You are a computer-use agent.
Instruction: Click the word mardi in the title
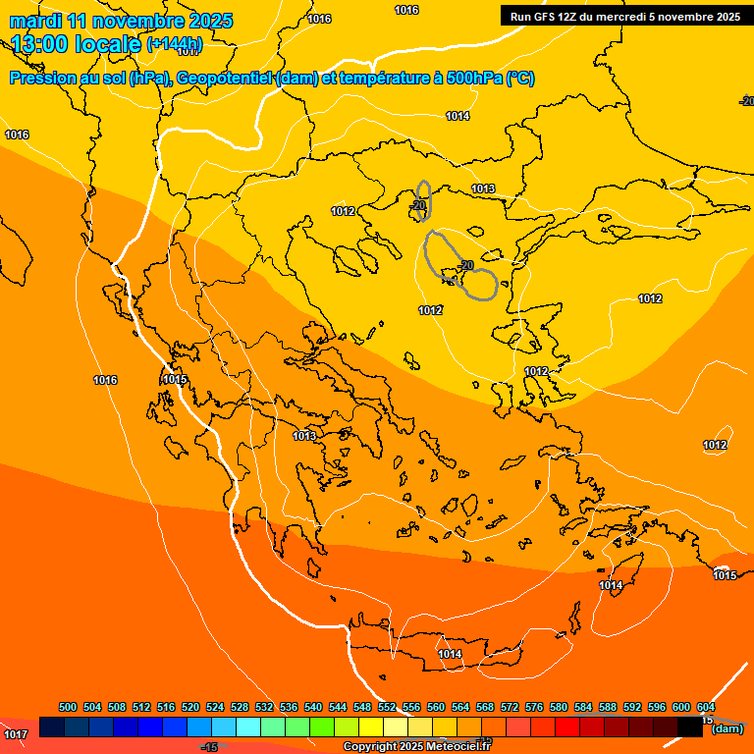pyautogui.click(x=34, y=21)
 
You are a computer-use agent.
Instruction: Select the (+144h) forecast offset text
pyautogui.click(x=175, y=44)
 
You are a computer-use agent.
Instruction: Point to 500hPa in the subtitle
pyautogui.click(x=474, y=79)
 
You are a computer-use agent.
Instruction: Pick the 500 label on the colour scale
pyautogui.click(x=68, y=707)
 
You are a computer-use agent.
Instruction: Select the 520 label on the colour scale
pyautogui.click(x=190, y=707)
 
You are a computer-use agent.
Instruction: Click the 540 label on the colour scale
pyautogui.click(x=313, y=707)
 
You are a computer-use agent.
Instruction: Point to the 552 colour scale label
pyautogui.click(x=387, y=707)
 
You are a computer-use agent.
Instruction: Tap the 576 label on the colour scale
pyautogui.click(x=534, y=707)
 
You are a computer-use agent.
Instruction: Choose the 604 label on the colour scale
pyautogui.click(x=705, y=707)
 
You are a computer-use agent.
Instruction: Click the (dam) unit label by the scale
pyautogui.click(x=727, y=728)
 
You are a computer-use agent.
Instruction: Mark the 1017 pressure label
pyautogui.click(x=16, y=734)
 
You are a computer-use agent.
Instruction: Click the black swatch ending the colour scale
pyautogui.click(x=690, y=727)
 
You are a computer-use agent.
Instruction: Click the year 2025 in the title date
pyautogui.click(x=210, y=21)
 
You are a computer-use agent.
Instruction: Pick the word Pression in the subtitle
pyautogui.click(x=40, y=79)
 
